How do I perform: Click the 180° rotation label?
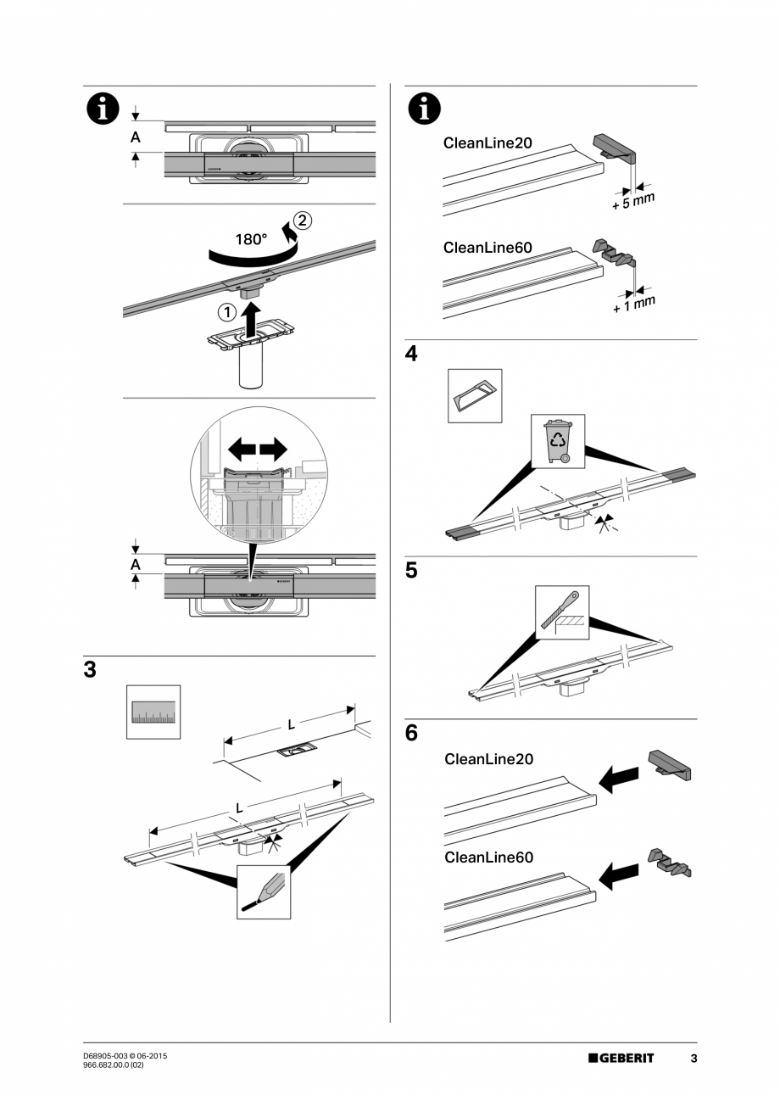click(251, 239)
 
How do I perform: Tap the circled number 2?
click(303, 221)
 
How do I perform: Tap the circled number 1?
click(227, 312)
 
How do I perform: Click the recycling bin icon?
click(558, 441)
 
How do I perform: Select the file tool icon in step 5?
click(562, 612)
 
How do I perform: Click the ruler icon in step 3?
click(153, 712)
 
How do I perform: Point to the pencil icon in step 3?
click(264, 892)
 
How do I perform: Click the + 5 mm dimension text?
click(633, 201)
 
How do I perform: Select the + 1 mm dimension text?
click(634, 304)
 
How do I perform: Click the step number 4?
click(411, 354)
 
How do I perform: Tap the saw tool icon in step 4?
click(475, 395)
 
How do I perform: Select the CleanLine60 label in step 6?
click(488, 857)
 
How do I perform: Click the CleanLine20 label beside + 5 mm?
click(487, 142)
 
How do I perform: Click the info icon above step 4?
click(424, 109)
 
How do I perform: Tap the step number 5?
click(411, 571)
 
